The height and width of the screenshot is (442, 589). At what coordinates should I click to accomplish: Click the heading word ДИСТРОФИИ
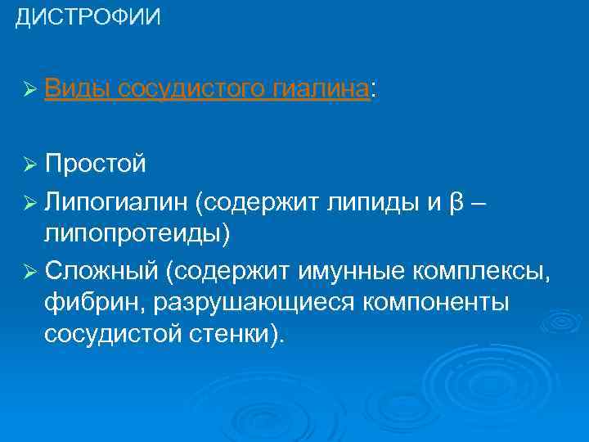(88, 17)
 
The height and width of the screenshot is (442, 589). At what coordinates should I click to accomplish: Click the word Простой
(96, 165)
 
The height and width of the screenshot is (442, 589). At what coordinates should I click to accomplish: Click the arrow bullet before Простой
(30, 165)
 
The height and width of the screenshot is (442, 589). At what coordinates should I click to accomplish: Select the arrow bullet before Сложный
(30, 270)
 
